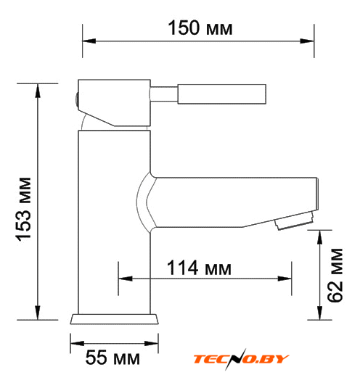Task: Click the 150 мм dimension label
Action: click(x=200, y=28)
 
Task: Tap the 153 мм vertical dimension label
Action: click(x=23, y=209)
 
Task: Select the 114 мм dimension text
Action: click(x=199, y=268)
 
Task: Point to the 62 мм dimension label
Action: click(x=335, y=276)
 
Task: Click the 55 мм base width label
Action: click(x=112, y=358)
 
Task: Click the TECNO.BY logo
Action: click(x=241, y=359)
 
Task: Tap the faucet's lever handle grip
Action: click(x=222, y=94)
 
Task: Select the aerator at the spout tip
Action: click(x=294, y=221)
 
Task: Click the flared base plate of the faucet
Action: click(x=115, y=319)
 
